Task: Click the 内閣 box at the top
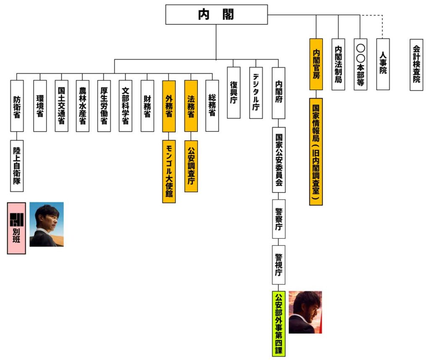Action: [216, 15]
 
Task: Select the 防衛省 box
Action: [17, 106]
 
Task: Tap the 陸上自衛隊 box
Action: [17, 166]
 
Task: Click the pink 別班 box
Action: [16, 228]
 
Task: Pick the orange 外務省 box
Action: [169, 106]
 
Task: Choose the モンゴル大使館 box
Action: [169, 172]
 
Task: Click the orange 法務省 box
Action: [191, 106]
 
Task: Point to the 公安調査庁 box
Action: [191, 166]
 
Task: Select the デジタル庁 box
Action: [256, 93]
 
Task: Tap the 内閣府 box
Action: [278, 93]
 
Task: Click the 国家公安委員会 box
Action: [279, 160]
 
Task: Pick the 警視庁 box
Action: [278, 265]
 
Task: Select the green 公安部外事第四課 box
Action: [279, 323]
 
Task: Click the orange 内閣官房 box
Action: [316, 64]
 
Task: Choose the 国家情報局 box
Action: [316, 151]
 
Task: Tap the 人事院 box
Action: [383, 64]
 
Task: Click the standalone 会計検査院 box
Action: [416, 65]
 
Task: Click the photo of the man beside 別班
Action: [47, 224]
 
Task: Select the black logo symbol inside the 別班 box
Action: [16, 220]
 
